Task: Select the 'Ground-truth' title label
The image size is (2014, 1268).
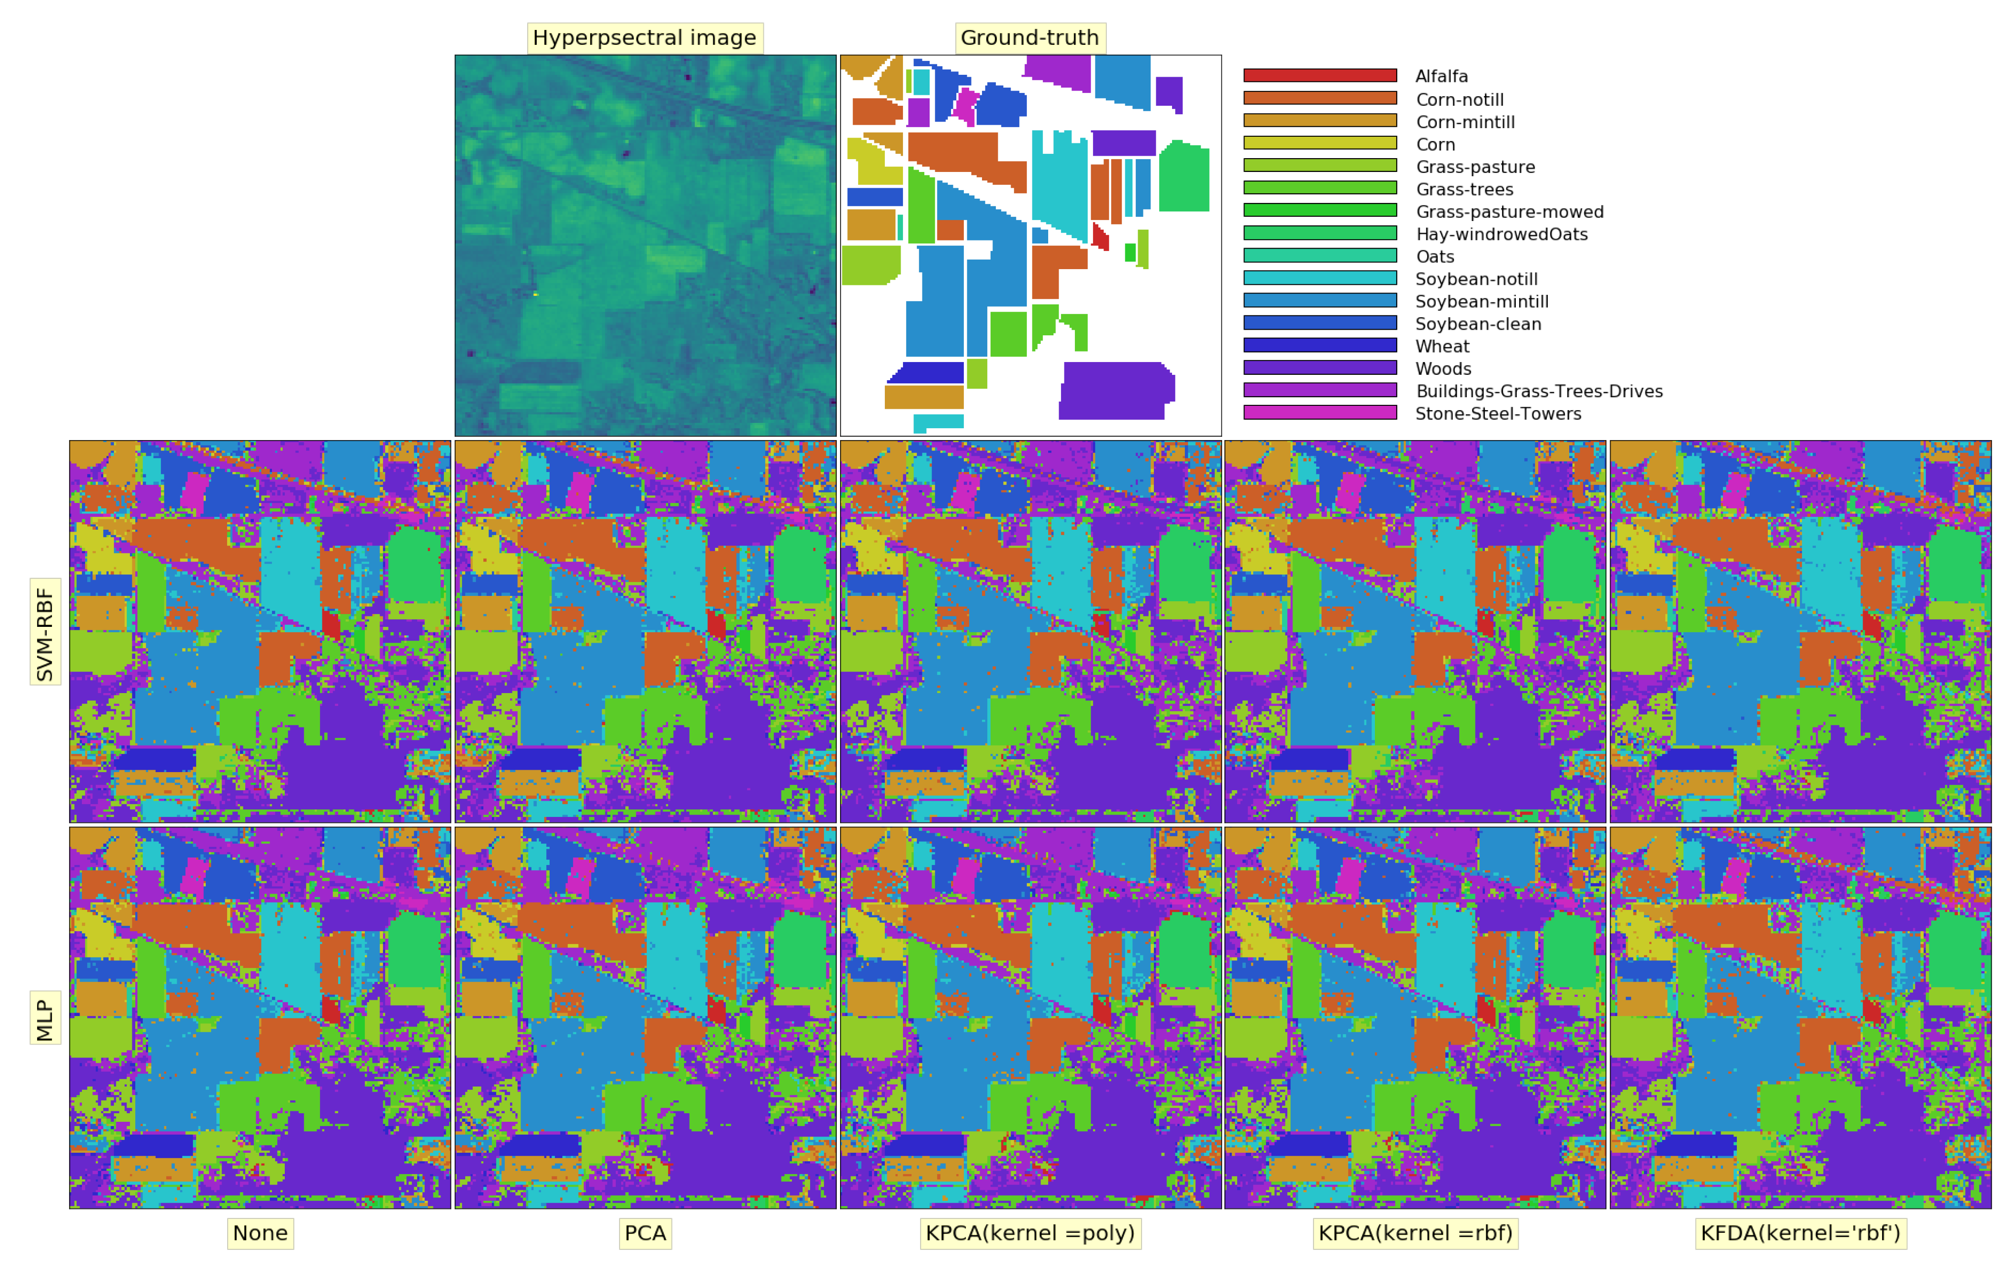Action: click(x=1030, y=38)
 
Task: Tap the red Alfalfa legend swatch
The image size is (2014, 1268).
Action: click(x=1320, y=75)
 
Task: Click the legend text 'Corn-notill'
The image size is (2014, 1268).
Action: click(x=1460, y=100)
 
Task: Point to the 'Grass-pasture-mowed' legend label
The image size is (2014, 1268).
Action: click(x=1509, y=211)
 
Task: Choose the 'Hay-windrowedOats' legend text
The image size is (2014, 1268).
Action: click(x=1501, y=234)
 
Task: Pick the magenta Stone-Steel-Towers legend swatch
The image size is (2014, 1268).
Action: click(x=1320, y=413)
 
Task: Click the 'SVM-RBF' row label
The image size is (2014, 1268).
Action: click(x=45, y=632)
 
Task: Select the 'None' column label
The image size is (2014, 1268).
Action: click(x=260, y=1233)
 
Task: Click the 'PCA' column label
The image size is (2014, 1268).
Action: click(x=645, y=1233)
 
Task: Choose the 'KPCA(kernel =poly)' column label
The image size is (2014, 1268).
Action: click(x=1030, y=1233)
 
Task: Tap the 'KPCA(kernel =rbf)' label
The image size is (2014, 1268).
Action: click(x=1415, y=1233)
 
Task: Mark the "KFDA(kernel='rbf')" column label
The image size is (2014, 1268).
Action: click(x=1800, y=1233)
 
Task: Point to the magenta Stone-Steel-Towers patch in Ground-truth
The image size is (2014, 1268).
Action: click(x=966, y=106)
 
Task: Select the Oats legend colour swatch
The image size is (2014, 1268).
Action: click(x=1320, y=255)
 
